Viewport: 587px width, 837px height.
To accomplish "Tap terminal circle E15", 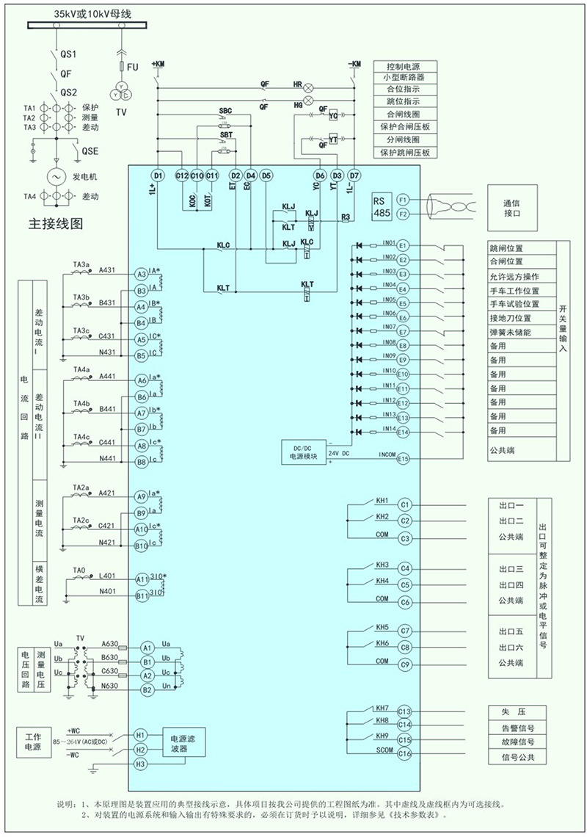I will click(x=403, y=459).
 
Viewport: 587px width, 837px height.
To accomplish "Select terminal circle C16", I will click(x=404, y=754).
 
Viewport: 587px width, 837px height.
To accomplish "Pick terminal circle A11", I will click(x=142, y=579).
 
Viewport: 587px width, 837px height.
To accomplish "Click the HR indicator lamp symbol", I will click(x=309, y=85).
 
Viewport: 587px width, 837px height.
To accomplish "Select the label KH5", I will click(x=382, y=628).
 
